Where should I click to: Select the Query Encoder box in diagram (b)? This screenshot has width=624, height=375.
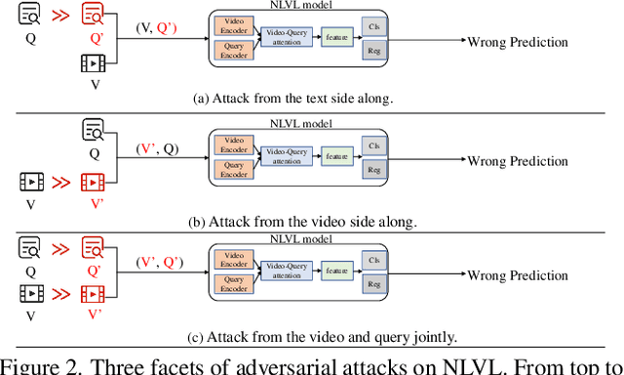tap(234, 169)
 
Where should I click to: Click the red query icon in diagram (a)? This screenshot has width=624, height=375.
tap(95, 15)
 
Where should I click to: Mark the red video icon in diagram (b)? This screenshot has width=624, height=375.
tap(95, 181)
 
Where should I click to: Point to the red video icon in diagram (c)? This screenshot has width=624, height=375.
tap(95, 293)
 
